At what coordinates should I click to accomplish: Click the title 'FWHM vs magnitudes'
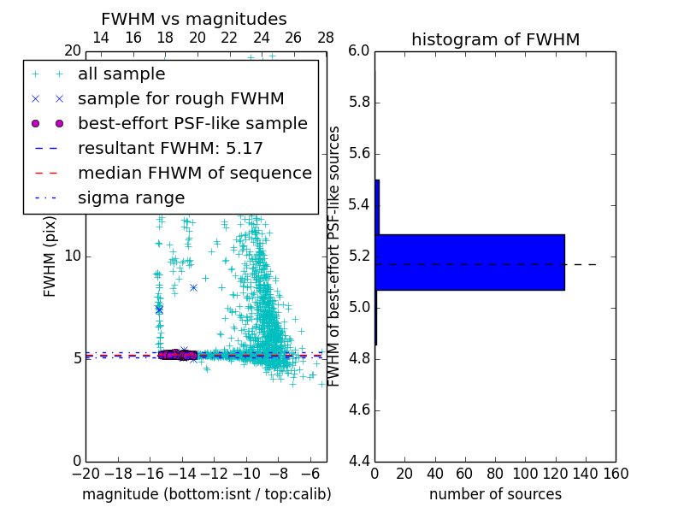pyautogui.click(x=194, y=20)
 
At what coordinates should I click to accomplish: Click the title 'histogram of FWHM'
pyautogui.click(x=495, y=39)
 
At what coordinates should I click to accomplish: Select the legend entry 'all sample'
pyautogui.click(x=121, y=74)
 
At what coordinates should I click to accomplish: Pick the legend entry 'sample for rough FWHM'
pyautogui.click(x=180, y=98)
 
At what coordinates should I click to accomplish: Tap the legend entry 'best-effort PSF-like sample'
pyautogui.click(x=192, y=123)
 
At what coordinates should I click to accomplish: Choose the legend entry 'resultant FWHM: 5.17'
pyautogui.click(x=170, y=148)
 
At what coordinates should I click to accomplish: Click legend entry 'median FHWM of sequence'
pyautogui.click(x=194, y=173)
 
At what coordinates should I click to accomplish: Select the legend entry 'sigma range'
pyautogui.click(x=131, y=198)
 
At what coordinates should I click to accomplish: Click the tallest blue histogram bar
pyautogui.click(x=469, y=262)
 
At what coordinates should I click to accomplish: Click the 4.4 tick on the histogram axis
pyautogui.click(x=358, y=462)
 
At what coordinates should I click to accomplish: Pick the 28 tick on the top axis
pyautogui.click(x=326, y=38)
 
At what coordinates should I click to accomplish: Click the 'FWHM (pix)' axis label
pyautogui.click(x=50, y=256)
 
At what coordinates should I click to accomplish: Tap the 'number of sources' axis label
pyautogui.click(x=495, y=494)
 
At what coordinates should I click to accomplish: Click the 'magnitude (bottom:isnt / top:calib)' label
pyautogui.click(x=206, y=494)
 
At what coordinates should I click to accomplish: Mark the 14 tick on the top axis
pyautogui.click(x=100, y=38)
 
